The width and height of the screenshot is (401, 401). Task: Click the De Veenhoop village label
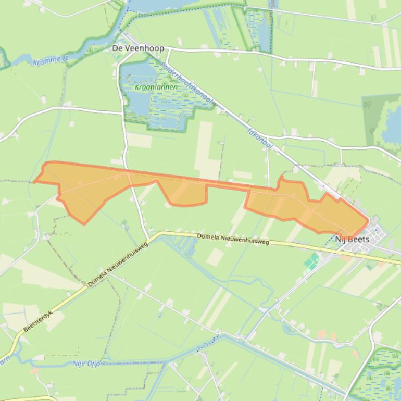point(138,48)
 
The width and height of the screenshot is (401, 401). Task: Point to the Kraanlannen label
point(156,87)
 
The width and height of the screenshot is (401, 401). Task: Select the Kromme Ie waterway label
point(51,61)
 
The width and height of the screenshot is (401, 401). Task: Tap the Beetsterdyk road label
point(42,321)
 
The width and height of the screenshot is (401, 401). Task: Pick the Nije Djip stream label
point(86,364)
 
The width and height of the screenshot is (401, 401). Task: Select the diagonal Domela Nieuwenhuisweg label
point(118,265)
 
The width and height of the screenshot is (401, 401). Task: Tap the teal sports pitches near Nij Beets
point(312,261)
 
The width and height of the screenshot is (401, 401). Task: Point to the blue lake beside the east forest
point(392,128)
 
